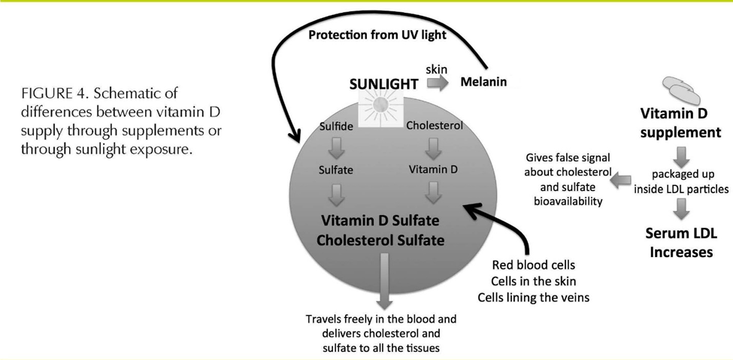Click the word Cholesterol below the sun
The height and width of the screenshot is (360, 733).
click(434, 126)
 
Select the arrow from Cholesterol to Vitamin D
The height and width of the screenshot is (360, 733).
click(433, 147)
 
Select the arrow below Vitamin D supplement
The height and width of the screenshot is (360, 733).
click(680, 157)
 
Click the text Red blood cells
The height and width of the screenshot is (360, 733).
click(529, 265)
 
